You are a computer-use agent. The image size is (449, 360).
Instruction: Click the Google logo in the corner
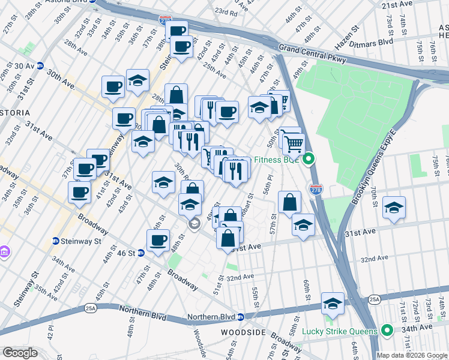click(x=19, y=353)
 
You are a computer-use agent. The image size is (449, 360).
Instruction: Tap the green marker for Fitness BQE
click(x=309, y=160)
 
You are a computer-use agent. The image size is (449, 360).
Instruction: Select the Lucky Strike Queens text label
click(x=339, y=331)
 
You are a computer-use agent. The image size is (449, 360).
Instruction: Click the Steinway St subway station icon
click(x=56, y=241)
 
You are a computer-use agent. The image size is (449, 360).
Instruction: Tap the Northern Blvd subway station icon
click(x=240, y=316)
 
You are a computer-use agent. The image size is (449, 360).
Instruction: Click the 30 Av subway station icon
click(x=40, y=65)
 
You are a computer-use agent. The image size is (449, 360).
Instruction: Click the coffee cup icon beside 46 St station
click(x=158, y=241)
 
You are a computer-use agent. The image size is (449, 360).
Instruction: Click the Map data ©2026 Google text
click(x=412, y=354)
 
